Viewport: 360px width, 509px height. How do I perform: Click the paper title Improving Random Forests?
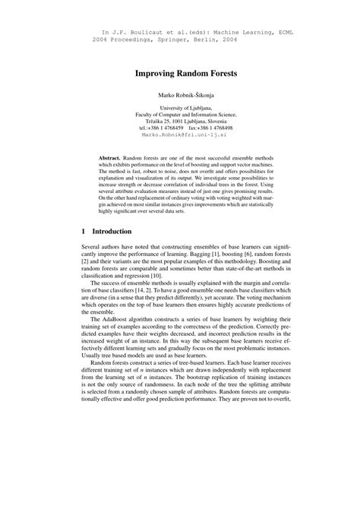click(180, 74)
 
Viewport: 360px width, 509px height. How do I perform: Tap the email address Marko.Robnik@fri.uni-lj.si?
click(180, 136)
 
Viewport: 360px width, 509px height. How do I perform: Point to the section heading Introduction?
click(112, 230)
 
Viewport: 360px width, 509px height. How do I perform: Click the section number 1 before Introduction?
click(83, 230)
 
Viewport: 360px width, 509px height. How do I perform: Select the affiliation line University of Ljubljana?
click(180, 108)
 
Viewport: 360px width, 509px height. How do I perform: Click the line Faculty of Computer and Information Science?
click(180, 115)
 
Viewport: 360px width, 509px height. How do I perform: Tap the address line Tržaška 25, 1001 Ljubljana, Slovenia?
click(180, 122)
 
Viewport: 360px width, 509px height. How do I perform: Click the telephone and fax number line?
click(180, 129)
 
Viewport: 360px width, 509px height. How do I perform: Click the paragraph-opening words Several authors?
click(102, 250)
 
